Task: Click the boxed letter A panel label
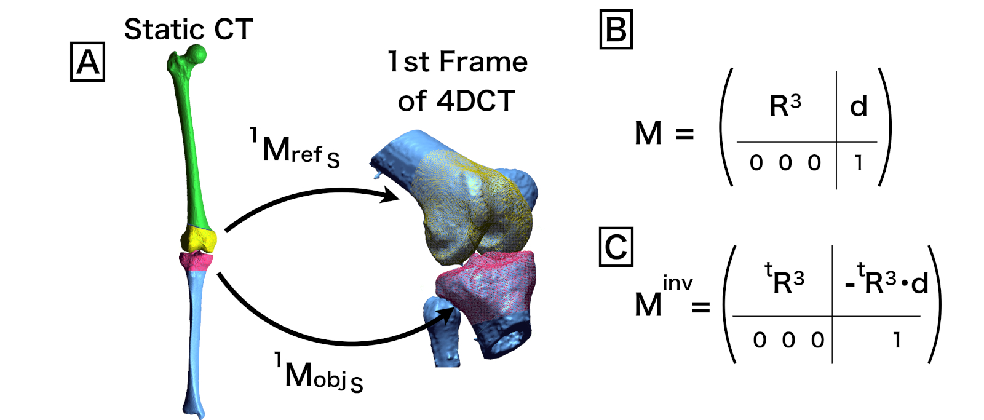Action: tap(88, 62)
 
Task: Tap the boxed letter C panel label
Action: tap(616, 247)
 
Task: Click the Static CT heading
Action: tap(188, 30)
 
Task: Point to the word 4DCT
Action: tap(475, 101)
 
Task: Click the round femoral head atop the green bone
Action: tap(196, 55)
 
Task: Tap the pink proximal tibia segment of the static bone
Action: tap(196, 261)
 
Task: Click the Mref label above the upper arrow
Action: tap(295, 149)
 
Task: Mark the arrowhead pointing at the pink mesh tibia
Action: tap(448, 316)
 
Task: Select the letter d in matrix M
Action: tap(859, 106)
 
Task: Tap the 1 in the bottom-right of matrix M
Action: tap(859, 163)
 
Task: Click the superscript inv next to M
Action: tap(678, 283)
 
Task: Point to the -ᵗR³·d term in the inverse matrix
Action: tap(886, 282)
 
